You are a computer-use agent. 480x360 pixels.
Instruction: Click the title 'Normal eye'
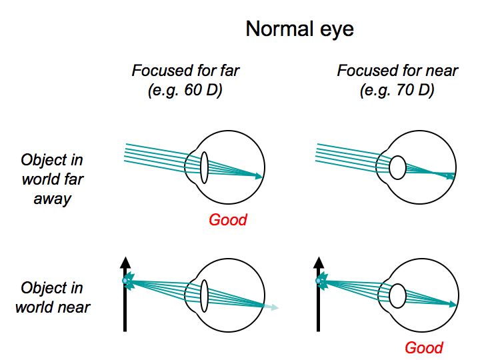300,29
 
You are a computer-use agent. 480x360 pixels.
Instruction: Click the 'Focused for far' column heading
185,70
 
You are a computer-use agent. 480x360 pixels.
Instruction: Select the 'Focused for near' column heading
397,70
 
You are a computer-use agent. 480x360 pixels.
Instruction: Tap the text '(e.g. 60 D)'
185,89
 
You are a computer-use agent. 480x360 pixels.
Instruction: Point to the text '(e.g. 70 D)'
397,89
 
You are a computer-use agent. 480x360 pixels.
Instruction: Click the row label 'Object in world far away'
52,179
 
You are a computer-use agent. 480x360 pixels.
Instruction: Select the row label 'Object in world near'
52,297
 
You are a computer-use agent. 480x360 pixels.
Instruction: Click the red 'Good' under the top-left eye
228,220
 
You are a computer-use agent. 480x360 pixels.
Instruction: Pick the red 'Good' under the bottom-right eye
424,347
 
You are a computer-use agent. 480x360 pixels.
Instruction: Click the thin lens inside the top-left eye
204,167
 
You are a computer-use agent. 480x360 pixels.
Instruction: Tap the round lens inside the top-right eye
397,167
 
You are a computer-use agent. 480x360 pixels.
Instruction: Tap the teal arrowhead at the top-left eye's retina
258,176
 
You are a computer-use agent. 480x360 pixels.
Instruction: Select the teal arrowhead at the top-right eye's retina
451,176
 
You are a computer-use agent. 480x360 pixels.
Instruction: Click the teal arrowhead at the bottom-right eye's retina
453,304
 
